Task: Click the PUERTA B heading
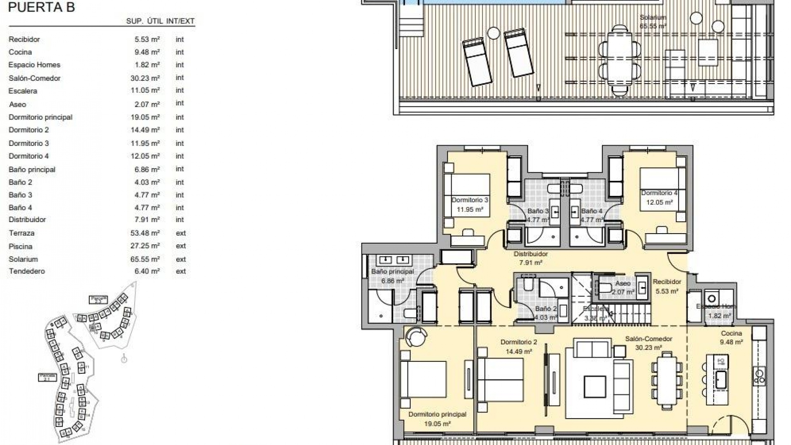click(x=42, y=7)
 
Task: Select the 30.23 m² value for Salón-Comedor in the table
click(x=145, y=78)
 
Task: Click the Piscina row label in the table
click(x=21, y=246)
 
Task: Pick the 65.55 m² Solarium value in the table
click(x=145, y=259)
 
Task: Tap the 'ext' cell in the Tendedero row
click(x=181, y=271)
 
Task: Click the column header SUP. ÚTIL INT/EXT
click(x=160, y=21)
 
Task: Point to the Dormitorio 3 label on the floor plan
click(x=470, y=200)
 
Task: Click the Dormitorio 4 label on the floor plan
click(x=659, y=193)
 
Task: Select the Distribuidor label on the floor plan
click(x=531, y=254)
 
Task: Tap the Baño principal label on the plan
click(x=392, y=272)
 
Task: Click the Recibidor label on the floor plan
click(x=667, y=282)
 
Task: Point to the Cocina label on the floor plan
click(x=731, y=333)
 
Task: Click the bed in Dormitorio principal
click(x=423, y=379)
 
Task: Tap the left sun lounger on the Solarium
click(x=477, y=62)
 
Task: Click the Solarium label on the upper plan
click(x=653, y=17)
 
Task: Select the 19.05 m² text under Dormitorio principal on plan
click(x=437, y=423)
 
